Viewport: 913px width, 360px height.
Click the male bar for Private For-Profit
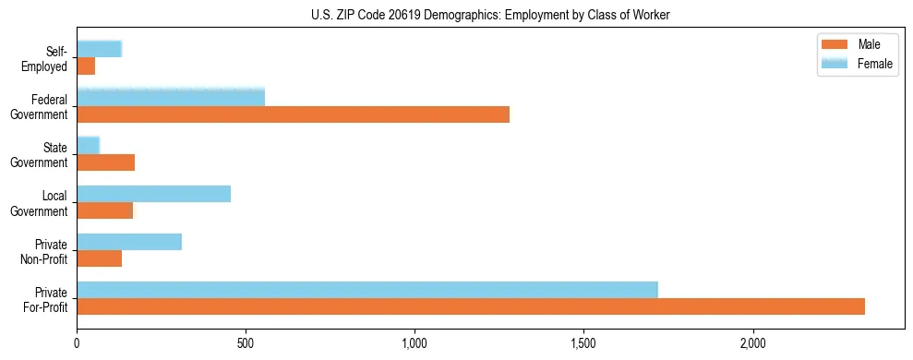click(x=471, y=306)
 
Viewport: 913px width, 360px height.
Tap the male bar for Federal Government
click(x=293, y=114)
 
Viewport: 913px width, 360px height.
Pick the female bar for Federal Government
click(x=171, y=97)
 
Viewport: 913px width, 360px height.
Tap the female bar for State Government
click(x=88, y=145)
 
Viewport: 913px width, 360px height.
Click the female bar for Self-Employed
click(x=99, y=50)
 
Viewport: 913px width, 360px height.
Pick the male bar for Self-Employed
click(x=86, y=66)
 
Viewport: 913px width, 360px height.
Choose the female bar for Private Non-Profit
click(x=129, y=242)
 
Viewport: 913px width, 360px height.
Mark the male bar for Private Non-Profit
click(x=99, y=258)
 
